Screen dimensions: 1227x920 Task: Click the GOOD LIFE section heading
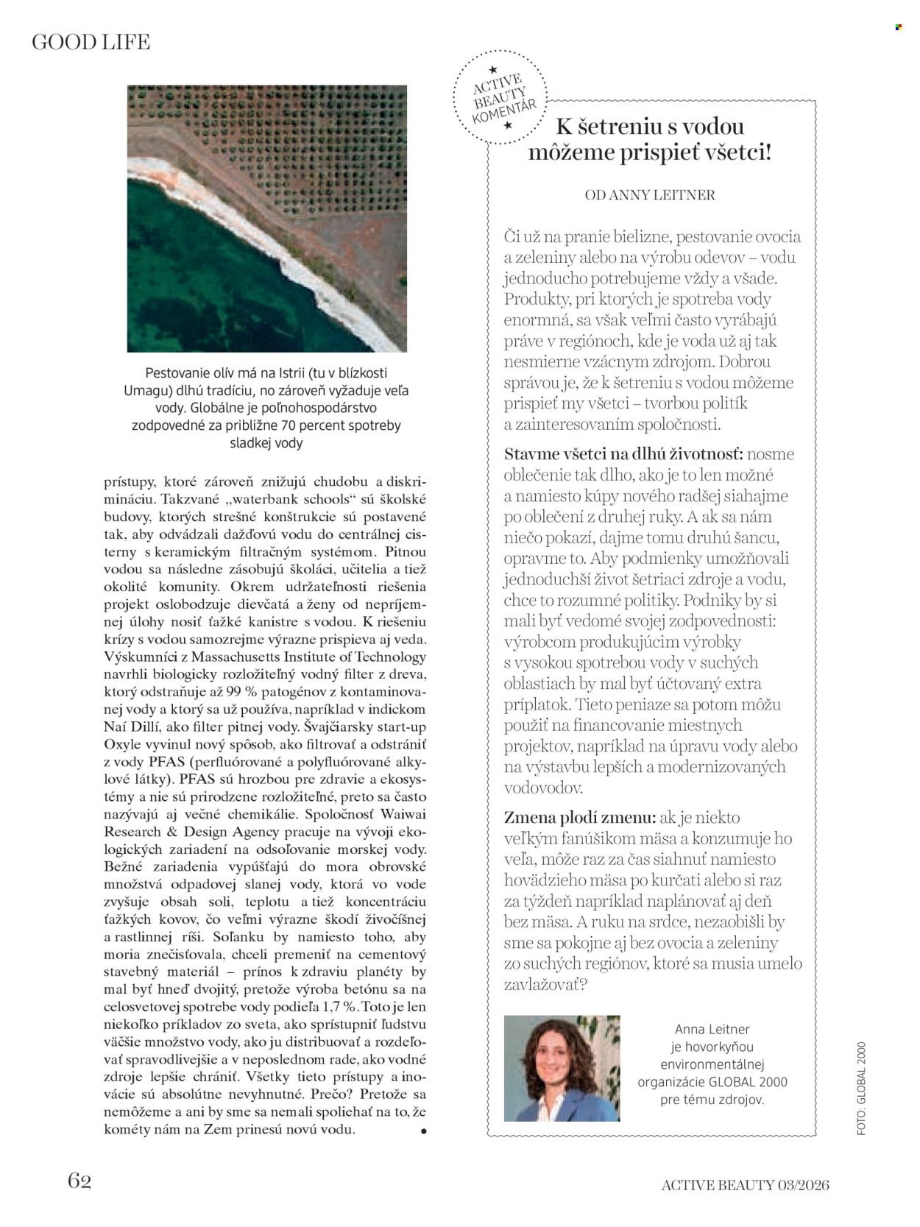(x=91, y=43)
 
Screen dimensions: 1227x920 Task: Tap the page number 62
(x=79, y=1180)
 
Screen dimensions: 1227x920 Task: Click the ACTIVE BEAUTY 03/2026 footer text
(x=745, y=1184)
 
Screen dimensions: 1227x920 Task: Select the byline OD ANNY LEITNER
(x=649, y=195)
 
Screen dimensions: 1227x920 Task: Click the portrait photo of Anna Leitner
(x=562, y=1068)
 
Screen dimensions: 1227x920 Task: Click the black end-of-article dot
(x=423, y=1131)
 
